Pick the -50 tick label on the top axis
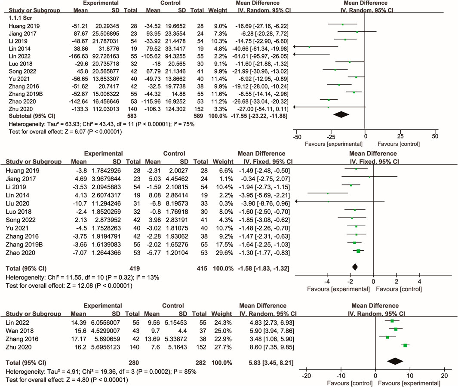click(297, 136)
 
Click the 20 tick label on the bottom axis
click(444, 375)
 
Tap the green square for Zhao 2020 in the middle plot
click(358, 251)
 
